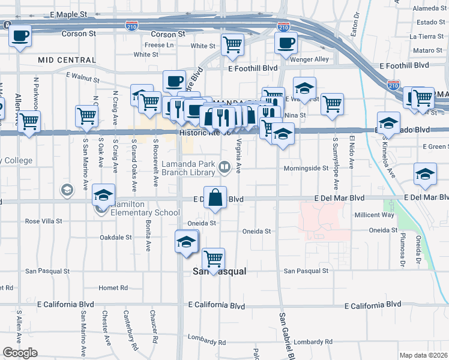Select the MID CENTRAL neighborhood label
tap(67, 60)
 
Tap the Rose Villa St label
tap(44, 221)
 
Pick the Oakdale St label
tap(115, 238)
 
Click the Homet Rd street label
tap(113, 288)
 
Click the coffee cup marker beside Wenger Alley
tap(286, 43)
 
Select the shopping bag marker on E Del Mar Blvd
tap(216, 197)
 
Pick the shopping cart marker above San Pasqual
tap(213, 259)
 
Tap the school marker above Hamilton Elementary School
tap(104, 196)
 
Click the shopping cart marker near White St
tap(232, 44)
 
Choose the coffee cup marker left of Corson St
tap(20, 35)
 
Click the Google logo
tap(20, 353)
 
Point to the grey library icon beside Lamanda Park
tap(224, 167)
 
